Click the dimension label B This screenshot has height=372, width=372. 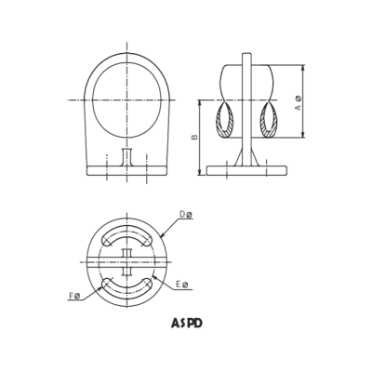pos(193,137)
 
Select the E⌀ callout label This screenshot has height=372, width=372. pos(183,283)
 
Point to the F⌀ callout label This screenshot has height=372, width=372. pos(77,297)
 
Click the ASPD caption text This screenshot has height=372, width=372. pos(186,325)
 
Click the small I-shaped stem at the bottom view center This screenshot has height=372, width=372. pos(126,260)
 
